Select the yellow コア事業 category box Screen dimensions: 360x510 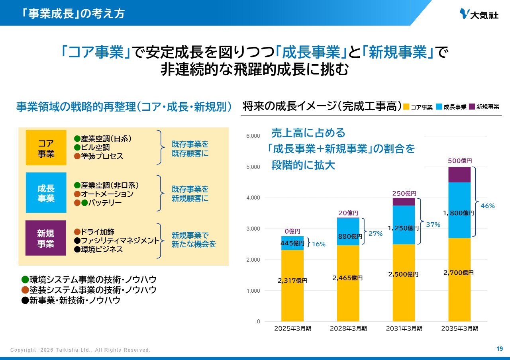coord(46,148)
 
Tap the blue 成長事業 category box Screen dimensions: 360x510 coord(46,193)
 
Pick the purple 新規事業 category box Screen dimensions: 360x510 coord(46,238)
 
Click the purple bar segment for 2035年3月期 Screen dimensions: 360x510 coord(459,175)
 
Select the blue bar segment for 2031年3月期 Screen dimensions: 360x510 coord(404,225)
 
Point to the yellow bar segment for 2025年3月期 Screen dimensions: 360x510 coord(292,285)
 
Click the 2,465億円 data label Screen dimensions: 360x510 coord(347,278)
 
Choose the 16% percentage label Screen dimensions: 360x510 coord(318,244)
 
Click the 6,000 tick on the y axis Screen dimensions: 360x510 coord(253,136)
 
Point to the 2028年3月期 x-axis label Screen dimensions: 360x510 coord(348,329)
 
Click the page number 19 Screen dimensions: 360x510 coord(499,349)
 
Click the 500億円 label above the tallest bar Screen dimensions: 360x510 coord(460,161)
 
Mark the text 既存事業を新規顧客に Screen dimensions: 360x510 coord(190,194)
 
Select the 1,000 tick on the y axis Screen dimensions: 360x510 coord(253,291)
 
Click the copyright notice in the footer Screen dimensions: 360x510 coord(80,350)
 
